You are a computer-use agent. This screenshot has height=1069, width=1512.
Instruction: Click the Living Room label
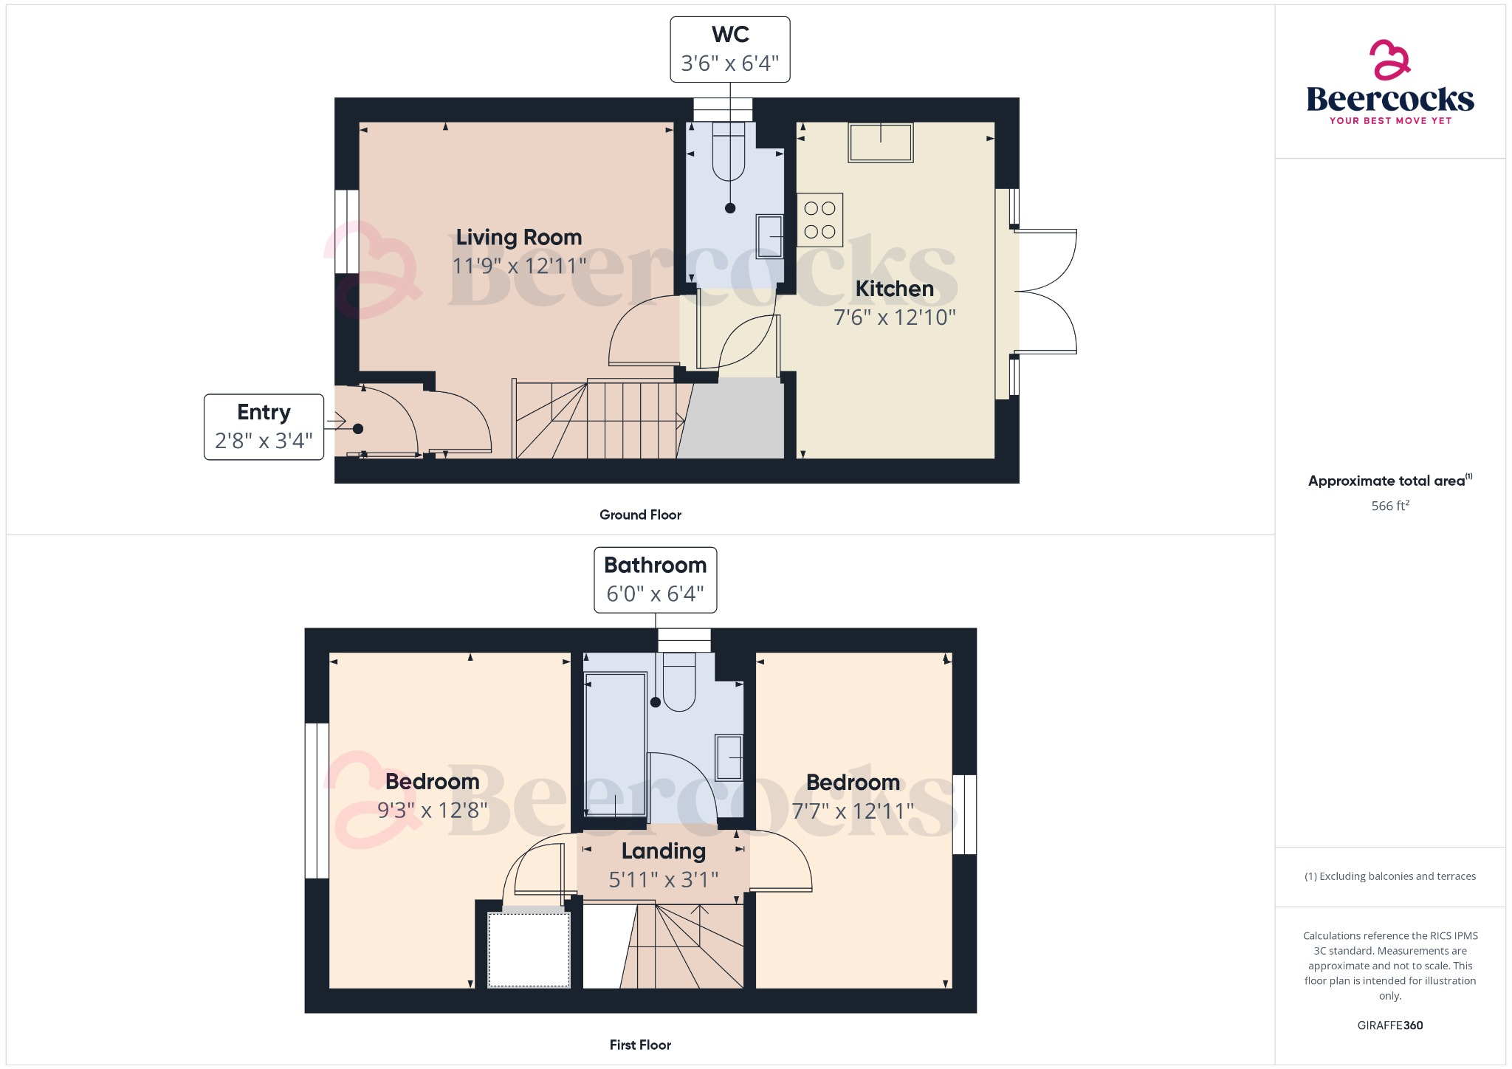(518, 237)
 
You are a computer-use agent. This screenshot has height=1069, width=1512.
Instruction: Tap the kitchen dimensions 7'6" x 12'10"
(894, 317)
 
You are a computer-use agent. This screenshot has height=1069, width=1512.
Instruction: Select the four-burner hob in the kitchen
(819, 220)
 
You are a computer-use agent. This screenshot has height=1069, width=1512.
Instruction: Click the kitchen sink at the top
(881, 142)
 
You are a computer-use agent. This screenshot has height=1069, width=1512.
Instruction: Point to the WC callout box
(729, 49)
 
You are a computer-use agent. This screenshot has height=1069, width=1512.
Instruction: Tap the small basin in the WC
(769, 236)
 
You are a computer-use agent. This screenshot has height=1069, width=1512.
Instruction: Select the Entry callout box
(264, 427)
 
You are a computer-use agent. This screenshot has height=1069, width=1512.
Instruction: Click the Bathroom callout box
(655, 580)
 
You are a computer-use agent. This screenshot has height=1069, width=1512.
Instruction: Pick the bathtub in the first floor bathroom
(615, 744)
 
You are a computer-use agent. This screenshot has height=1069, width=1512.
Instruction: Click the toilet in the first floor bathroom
(679, 683)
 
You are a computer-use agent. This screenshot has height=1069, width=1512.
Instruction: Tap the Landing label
(663, 851)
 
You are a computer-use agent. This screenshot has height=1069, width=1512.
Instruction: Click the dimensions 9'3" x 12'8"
(432, 811)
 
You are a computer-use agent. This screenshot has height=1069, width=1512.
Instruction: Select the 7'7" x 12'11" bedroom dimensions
(853, 811)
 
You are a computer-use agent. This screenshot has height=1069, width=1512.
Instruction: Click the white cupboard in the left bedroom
(529, 949)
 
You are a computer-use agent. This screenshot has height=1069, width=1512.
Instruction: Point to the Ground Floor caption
(640, 515)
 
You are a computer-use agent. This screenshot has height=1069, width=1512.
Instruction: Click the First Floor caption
(640, 1045)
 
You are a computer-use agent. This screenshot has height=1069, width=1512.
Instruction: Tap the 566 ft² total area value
(1389, 506)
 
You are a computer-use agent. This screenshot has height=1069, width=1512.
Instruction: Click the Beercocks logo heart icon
(1389, 61)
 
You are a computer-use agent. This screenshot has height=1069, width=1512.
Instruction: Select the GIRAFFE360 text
(1389, 1025)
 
